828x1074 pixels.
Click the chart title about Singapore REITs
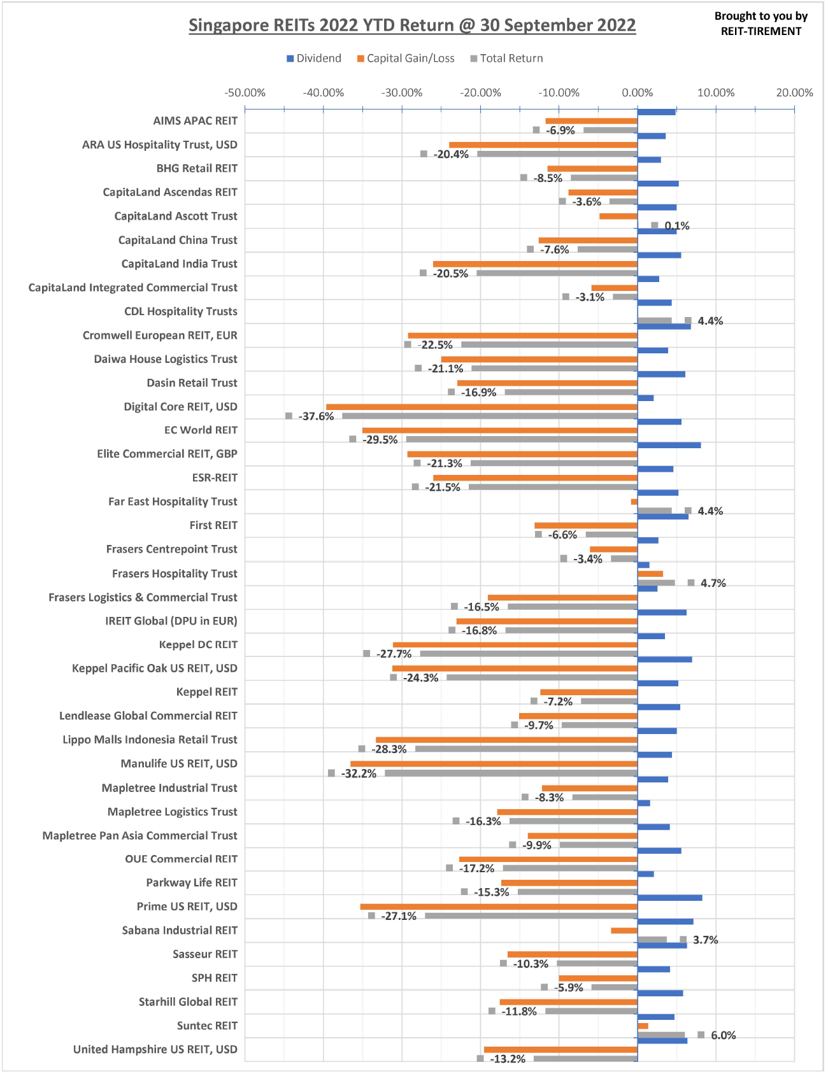[x=412, y=25]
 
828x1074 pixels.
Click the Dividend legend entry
[x=314, y=59]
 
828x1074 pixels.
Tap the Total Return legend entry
[x=507, y=59]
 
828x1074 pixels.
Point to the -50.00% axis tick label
[x=245, y=93]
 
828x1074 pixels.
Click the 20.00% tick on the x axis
[x=794, y=93]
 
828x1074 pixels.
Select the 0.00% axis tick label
[x=638, y=93]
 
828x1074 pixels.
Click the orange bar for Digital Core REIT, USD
[x=482, y=407]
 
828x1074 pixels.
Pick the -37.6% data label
[x=316, y=416]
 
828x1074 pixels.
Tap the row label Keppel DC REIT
[x=198, y=645]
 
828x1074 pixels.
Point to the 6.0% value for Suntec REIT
[x=723, y=1035]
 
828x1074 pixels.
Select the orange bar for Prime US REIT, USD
[x=499, y=907]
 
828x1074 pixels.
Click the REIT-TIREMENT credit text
[x=761, y=31]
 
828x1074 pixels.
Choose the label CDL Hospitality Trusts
[x=181, y=311]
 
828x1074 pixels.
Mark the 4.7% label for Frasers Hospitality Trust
[x=713, y=583]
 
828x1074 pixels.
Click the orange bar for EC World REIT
[x=500, y=430]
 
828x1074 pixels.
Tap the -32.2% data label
[x=359, y=774]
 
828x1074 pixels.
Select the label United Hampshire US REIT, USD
[x=155, y=1049]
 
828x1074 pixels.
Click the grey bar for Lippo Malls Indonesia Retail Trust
[x=526, y=749]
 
